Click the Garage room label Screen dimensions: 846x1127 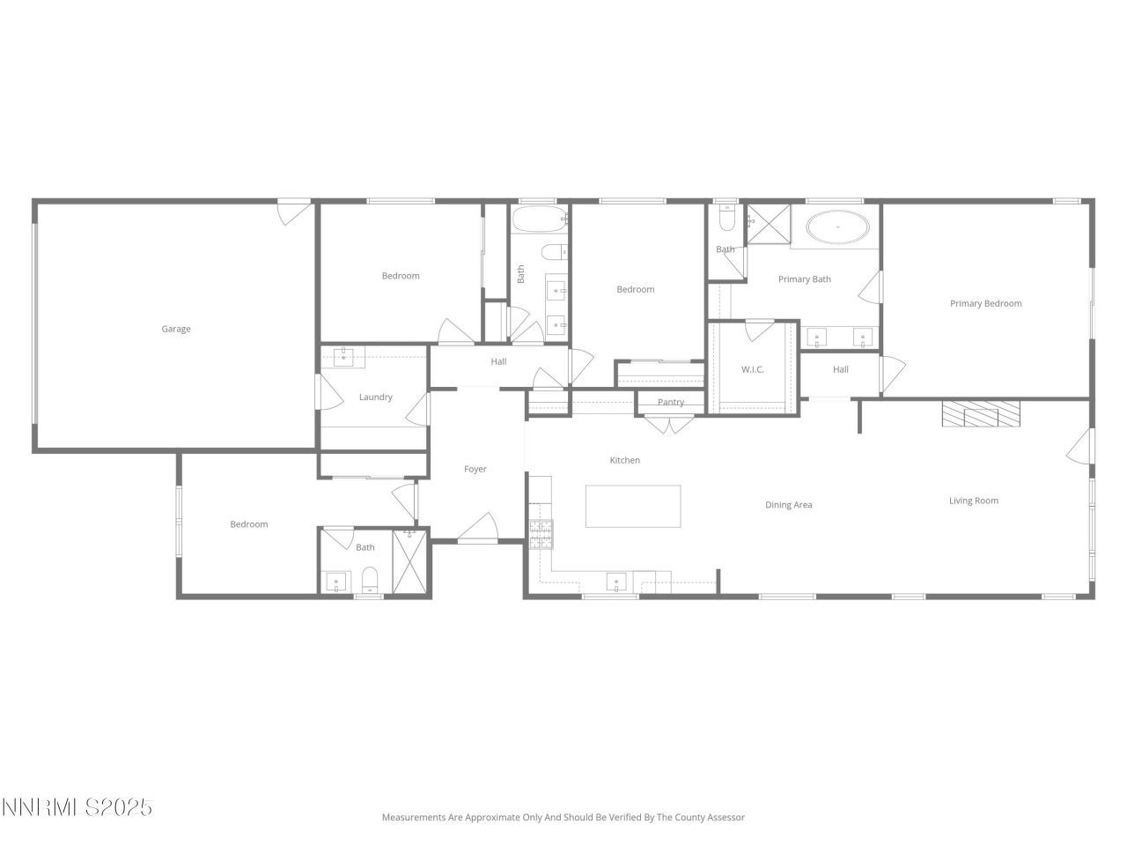pyautogui.click(x=176, y=329)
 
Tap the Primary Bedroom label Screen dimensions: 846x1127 pyautogui.click(x=985, y=303)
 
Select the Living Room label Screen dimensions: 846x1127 pyautogui.click(x=973, y=501)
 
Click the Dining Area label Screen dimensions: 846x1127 pyautogui.click(x=788, y=505)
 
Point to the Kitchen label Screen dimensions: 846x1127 pyautogui.click(x=625, y=460)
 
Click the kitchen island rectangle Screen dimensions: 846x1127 pyautogui.click(x=633, y=506)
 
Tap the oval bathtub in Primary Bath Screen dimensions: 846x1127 pyautogui.click(x=838, y=226)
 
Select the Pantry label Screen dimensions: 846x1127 pyautogui.click(x=671, y=403)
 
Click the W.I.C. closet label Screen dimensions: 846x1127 pyautogui.click(x=753, y=369)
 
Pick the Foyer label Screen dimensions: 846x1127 pyautogui.click(x=475, y=469)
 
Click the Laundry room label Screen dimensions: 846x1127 pyautogui.click(x=375, y=397)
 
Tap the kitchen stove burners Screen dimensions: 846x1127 pyautogui.click(x=540, y=531)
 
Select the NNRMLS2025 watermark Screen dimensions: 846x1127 pyautogui.click(x=77, y=807)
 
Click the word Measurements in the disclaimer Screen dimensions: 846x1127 pyautogui.click(x=414, y=817)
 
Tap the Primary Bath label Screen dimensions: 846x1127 pyautogui.click(x=804, y=279)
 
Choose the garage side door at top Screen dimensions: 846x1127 pyautogui.click(x=293, y=212)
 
